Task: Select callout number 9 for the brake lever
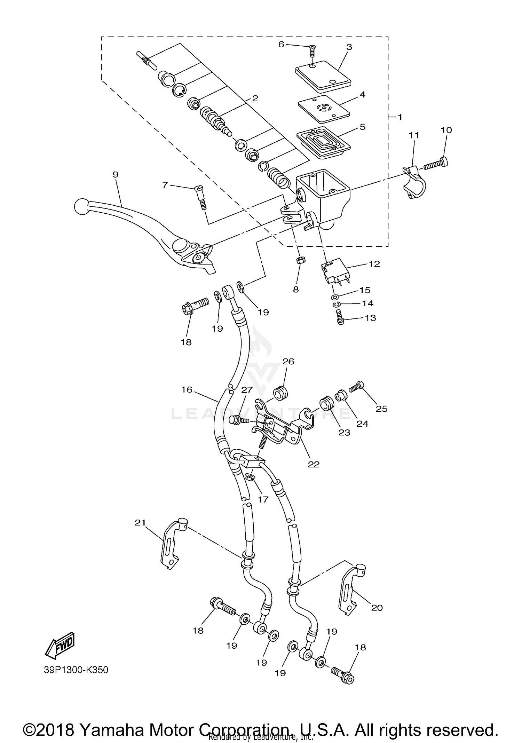pos(116,174)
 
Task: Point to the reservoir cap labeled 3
pos(323,73)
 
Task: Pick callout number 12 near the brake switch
pos(374,264)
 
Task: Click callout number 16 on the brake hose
pos(187,389)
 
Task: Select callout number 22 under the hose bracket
pos(314,464)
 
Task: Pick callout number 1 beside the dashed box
pos(400,117)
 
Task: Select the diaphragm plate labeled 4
pos(324,109)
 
